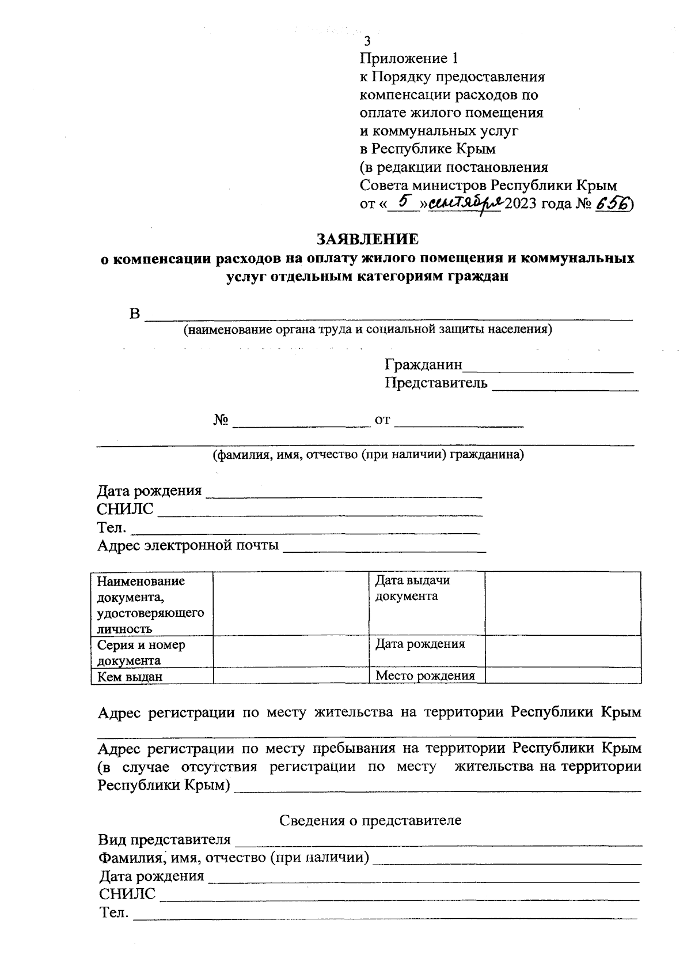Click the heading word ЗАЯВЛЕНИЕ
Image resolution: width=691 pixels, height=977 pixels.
click(x=368, y=239)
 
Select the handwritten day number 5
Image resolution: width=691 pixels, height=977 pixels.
click(x=404, y=201)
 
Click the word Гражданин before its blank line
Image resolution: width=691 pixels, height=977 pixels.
click(x=423, y=365)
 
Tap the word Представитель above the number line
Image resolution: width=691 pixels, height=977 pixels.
click(x=436, y=383)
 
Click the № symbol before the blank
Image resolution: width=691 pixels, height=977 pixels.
click(x=221, y=420)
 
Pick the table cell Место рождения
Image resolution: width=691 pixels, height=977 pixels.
click(x=425, y=676)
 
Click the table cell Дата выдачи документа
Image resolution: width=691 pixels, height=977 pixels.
click(x=412, y=589)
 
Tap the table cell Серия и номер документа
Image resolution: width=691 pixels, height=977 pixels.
click(x=141, y=652)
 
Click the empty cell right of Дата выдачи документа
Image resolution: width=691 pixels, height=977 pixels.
click(x=563, y=603)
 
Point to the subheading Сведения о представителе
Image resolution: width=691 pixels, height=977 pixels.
click(x=370, y=820)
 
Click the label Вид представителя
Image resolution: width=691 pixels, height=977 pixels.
click(x=164, y=839)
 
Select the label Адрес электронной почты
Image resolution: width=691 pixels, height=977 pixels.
click(x=188, y=545)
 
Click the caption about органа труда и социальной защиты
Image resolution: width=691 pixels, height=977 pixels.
click(x=367, y=330)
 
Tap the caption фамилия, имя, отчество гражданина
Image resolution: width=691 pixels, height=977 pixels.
click(x=368, y=455)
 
